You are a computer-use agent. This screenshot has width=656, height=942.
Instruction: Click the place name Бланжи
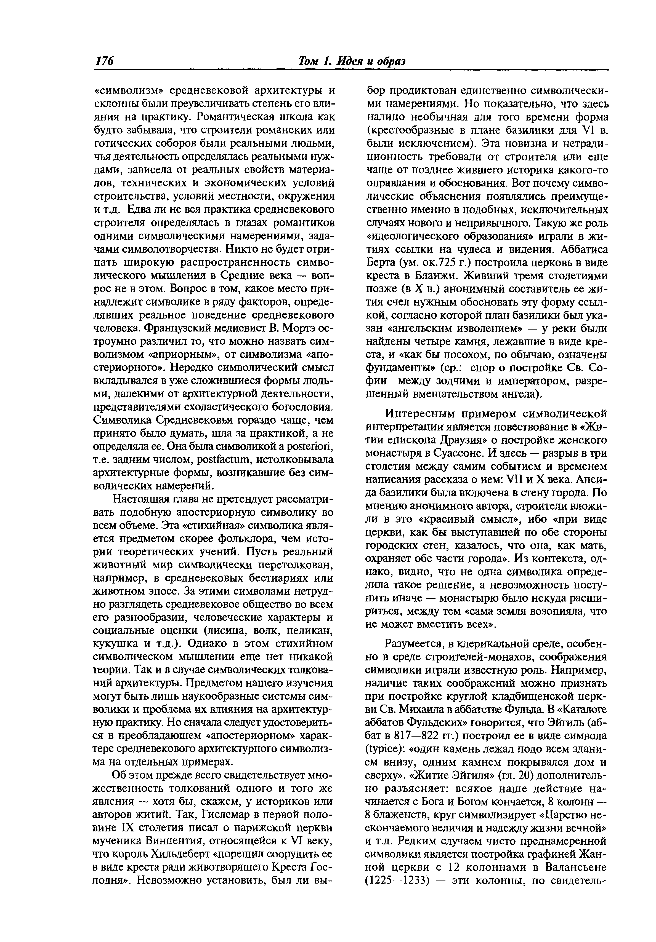click(x=414, y=276)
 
